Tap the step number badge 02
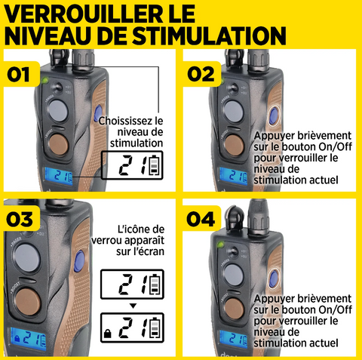(x=201, y=75)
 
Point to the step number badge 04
(x=201, y=219)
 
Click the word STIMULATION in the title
(x=209, y=35)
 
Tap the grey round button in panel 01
(x=57, y=110)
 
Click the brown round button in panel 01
(x=58, y=146)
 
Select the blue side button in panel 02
(x=273, y=116)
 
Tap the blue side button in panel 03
(x=79, y=261)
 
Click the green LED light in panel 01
(x=45, y=81)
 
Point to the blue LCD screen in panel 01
(x=59, y=176)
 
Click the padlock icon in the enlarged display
(x=107, y=334)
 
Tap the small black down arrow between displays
(x=133, y=306)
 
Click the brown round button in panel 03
(x=27, y=301)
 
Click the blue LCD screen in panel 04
(x=234, y=339)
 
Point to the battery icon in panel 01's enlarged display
(x=154, y=165)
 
